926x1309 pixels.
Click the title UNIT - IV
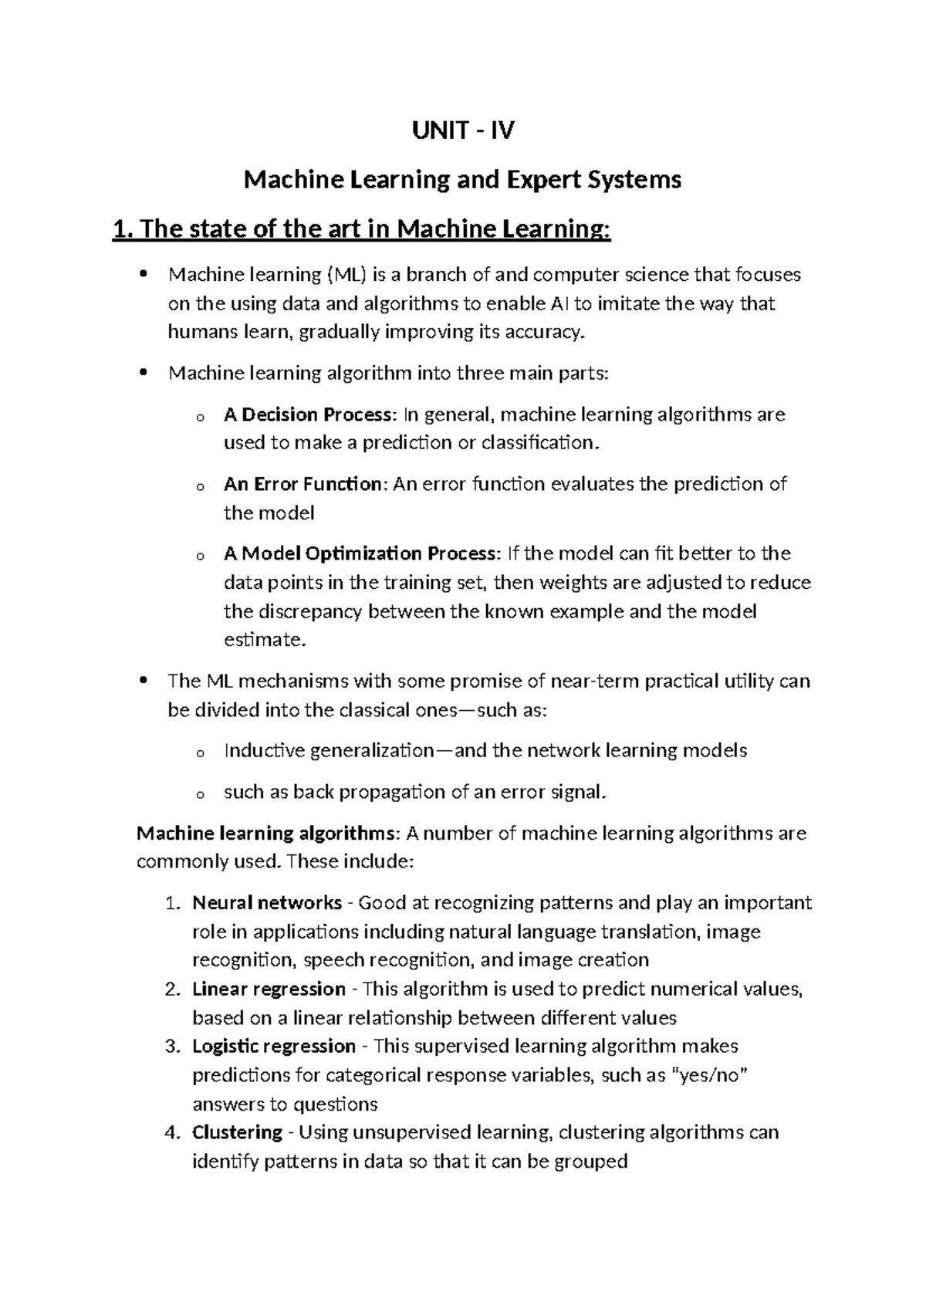click(x=463, y=131)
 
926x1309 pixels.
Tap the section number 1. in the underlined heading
click(x=123, y=229)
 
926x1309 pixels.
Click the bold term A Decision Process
click(x=308, y=415)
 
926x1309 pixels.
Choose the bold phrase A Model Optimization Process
click(x=360, y=554)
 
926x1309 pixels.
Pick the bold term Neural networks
click(x=267, y=903)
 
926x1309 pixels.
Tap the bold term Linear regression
click(x=269, y=989)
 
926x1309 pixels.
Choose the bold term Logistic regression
click(x=273, y=1047)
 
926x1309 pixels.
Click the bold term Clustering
click(x=237, y=1133)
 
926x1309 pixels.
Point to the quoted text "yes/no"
click(x=711, y=1076)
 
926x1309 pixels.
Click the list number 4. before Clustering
click(x=173, y=1133)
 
